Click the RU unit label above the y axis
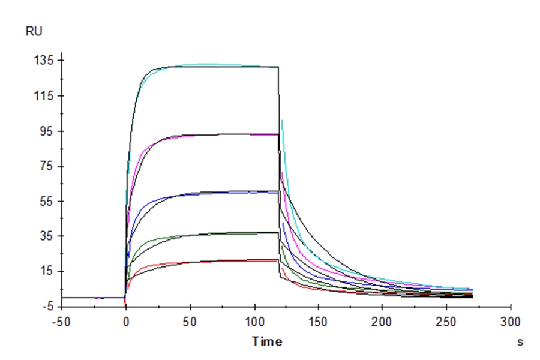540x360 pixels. [34, 32]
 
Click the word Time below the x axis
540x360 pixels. [266, 342]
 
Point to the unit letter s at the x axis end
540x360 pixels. [520, 342]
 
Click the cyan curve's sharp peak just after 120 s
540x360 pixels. [282, 121]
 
